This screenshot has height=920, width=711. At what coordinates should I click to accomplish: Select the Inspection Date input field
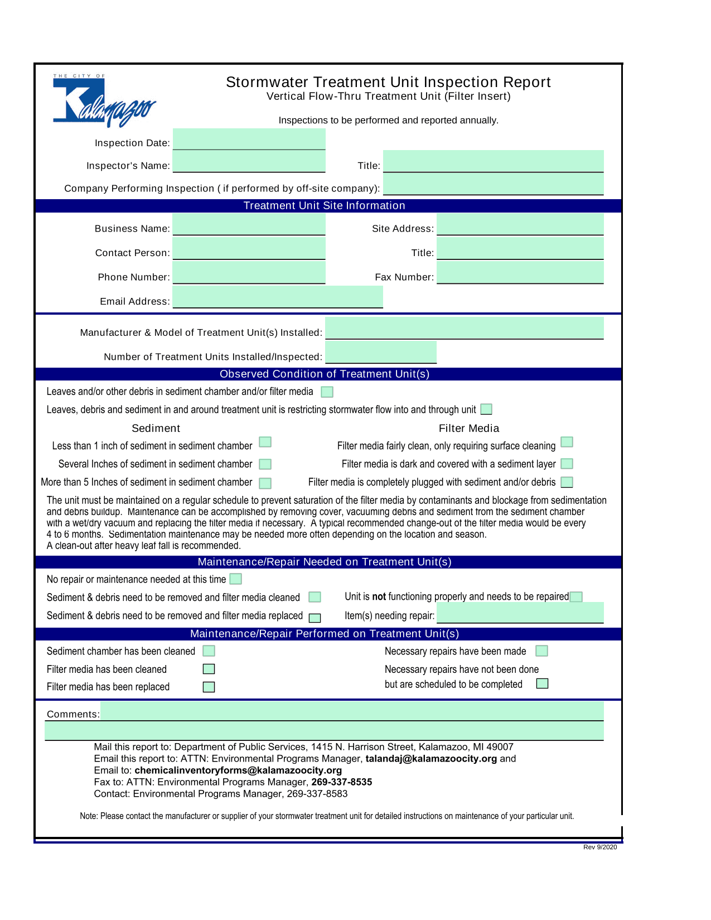(x=249, y=139)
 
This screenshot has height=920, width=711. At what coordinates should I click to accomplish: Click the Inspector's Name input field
(x=249, y=162)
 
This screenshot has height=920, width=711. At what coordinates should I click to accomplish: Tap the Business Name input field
(x=249, y=225)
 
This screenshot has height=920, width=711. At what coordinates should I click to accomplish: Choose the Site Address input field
(x=520, y=225)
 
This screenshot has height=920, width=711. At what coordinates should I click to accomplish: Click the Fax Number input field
(x=520, y=273)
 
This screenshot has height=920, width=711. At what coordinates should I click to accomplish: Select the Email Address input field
(x=278, y=297)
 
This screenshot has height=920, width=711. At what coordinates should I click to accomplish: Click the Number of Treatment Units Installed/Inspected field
(x=381, y=353)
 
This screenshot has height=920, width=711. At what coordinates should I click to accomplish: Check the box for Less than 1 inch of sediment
(x=265, y=442)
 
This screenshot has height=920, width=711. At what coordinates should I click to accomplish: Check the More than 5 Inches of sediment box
(x=265, y=483)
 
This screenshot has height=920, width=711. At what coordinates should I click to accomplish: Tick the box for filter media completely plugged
(x=567, y=482)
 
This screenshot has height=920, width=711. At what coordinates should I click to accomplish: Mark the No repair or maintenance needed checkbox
(x=236, y=579)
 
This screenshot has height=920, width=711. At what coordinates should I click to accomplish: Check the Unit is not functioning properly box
(x=576, y=597)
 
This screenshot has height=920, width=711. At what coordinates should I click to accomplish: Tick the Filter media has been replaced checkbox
(x=209, y=687)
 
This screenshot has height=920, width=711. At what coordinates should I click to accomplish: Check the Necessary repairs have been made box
(x=541, y=651)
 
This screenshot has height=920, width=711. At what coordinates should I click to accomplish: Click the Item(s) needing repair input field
(x=520, y=613)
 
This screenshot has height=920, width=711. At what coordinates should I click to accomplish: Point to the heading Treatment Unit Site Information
(x=324, y=206)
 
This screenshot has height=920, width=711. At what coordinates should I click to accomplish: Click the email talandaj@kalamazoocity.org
(x=431, y=759)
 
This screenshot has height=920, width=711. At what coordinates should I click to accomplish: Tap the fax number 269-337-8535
(x=341, y=782)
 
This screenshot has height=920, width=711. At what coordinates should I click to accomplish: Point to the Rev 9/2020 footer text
(x=600, y=847)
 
